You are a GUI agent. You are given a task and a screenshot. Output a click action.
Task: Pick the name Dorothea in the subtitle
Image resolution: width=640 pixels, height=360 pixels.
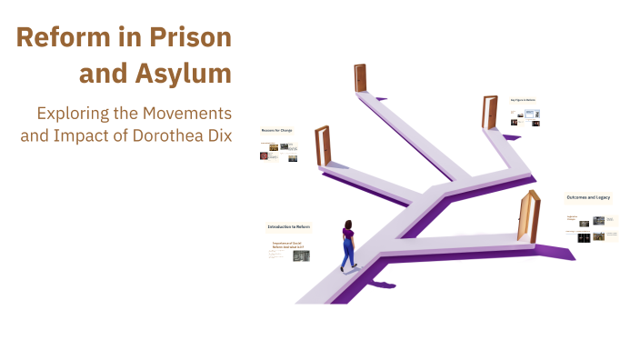tap(159, 135)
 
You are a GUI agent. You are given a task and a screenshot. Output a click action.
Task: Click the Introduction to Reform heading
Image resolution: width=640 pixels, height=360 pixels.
tap(288, 226)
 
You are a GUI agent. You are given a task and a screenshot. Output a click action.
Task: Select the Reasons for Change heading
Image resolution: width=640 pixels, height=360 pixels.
tap(277, 130)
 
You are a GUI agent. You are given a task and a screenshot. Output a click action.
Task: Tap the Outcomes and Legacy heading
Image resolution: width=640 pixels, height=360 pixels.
tap(590, 197)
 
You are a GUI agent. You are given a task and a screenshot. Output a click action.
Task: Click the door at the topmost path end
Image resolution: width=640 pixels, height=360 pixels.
tap(360, 79)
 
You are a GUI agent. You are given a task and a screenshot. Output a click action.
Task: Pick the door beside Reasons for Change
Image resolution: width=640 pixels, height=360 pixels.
tap(322, 145)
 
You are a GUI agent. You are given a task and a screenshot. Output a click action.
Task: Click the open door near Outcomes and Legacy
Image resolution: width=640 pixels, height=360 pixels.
tap(526, 216)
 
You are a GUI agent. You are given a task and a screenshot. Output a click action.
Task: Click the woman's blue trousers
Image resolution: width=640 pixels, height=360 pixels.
tap(347, 253)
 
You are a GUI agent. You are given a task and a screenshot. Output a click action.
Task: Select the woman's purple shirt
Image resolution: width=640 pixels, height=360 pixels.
tap(348, 235)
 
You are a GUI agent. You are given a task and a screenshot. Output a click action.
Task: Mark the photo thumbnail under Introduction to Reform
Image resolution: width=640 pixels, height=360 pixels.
tap(301, 255)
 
